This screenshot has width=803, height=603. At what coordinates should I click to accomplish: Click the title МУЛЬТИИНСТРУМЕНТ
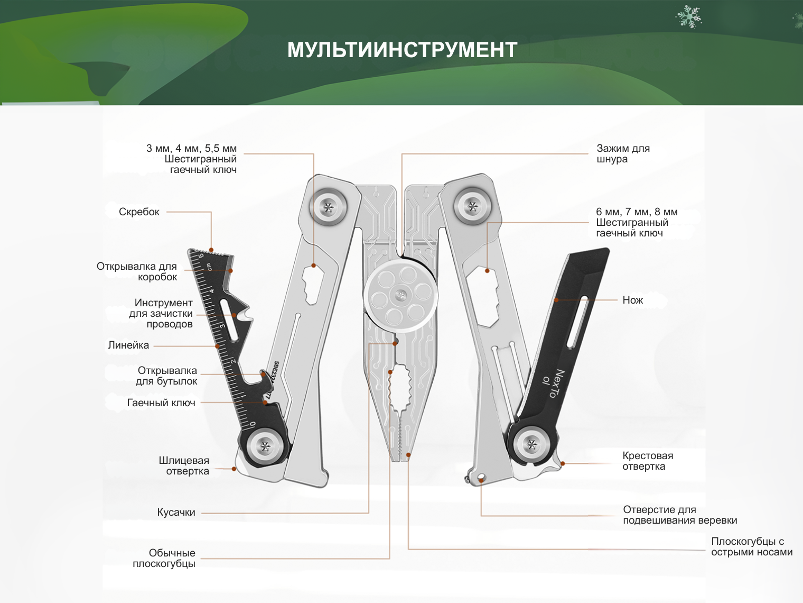click(402, 50)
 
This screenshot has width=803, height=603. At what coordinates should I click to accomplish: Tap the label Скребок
click(139, 212)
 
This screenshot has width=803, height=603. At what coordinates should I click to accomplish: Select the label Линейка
click(128, 345)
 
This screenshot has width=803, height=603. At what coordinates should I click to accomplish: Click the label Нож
click(632, 300)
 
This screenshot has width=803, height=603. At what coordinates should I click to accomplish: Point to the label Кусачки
click(176, 513)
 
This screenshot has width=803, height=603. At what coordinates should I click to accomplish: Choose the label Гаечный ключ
click(161, 403)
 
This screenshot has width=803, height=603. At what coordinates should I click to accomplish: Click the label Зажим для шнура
click(623, 154)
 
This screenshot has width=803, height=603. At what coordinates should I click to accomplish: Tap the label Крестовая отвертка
click(648, 461)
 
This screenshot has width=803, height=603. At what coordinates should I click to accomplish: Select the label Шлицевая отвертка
click(184, 466)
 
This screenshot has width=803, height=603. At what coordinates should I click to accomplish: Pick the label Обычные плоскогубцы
click(164, 559)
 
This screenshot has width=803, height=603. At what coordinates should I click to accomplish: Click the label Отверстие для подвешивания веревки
click(680, 515)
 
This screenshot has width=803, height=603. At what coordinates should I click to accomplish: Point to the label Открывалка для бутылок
click(167, 376)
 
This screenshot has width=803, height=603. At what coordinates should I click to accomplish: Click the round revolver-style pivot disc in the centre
click(401, 294)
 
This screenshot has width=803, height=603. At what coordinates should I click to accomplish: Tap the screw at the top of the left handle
click(328, 207)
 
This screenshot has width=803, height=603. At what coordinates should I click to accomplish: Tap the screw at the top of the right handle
click(472, 206)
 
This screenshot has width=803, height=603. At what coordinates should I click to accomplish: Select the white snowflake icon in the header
click(688, 17)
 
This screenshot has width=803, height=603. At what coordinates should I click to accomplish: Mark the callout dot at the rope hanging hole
click(481, 480)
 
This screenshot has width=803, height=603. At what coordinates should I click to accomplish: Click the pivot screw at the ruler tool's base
click(265, 447)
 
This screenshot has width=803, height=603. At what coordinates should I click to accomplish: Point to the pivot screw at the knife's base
click(532, 444)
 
